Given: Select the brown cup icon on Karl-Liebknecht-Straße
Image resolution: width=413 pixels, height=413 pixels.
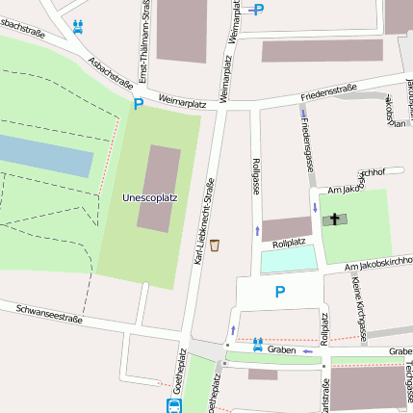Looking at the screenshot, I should [x=215, y=245].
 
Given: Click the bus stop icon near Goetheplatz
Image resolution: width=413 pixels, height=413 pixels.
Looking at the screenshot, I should [x=173, y=406].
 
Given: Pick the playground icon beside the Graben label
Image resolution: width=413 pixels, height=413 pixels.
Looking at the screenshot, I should [x=257, y=344].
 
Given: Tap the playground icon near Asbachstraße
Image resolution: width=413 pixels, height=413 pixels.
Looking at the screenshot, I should [x=77, y=26].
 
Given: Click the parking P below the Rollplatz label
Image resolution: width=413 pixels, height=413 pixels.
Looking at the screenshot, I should [x=280, y=292].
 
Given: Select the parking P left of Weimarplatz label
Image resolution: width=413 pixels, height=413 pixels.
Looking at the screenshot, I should [x=138, y=103].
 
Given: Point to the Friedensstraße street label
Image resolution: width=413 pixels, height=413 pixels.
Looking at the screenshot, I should [x=328, y=92].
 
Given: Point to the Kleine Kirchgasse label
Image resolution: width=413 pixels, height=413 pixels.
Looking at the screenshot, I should [x=358, y=309].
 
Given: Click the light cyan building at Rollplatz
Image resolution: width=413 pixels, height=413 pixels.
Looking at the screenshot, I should [x=288, y=259].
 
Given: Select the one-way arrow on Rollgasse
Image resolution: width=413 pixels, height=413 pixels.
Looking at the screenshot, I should [x=257, y=230].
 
